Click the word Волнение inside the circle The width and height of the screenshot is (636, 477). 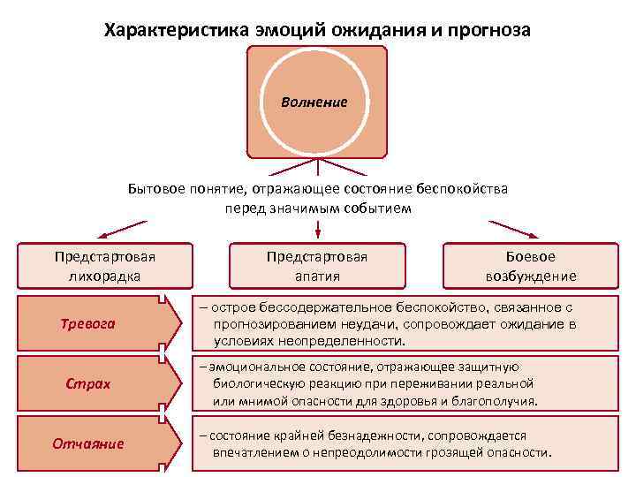tap(314, 102)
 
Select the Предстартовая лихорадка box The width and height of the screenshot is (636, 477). tap(104, 266)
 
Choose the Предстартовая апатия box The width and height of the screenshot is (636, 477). tap(317, 266)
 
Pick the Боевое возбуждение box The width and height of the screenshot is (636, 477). tap(530, 266)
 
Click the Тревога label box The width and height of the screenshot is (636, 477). tap(88, 324)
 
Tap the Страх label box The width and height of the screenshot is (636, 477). tap(88, 384)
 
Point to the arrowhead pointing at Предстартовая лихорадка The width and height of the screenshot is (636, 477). tap(102, 236)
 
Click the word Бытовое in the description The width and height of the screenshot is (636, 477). tap(156, 189)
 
